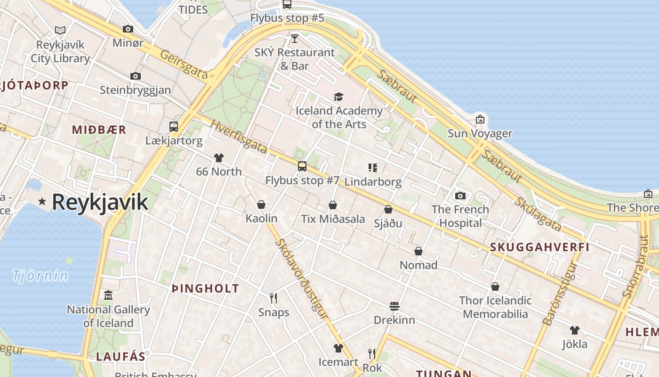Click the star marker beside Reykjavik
pos(42,202)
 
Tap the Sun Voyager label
pos(480,133)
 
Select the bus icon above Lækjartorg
pos(174,126)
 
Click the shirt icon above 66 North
pos(219,158)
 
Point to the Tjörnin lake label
pos(40,275)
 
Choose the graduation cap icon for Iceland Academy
pos(338,97)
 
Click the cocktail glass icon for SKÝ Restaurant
pos(295,38)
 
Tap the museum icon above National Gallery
pos(108,295)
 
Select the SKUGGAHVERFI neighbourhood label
pos(539,247)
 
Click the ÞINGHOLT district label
pos(205,288)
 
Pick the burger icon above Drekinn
pos(394,306)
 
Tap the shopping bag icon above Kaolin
pos(261,205)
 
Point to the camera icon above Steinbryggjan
pos(136,76)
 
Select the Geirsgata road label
pos(184,64)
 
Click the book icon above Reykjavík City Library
pos(60,31)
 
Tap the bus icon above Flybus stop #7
pos(302,166)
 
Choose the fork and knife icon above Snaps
pos(273,298)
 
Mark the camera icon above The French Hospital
pos(460,196)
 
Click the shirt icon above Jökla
pos(574,330)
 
